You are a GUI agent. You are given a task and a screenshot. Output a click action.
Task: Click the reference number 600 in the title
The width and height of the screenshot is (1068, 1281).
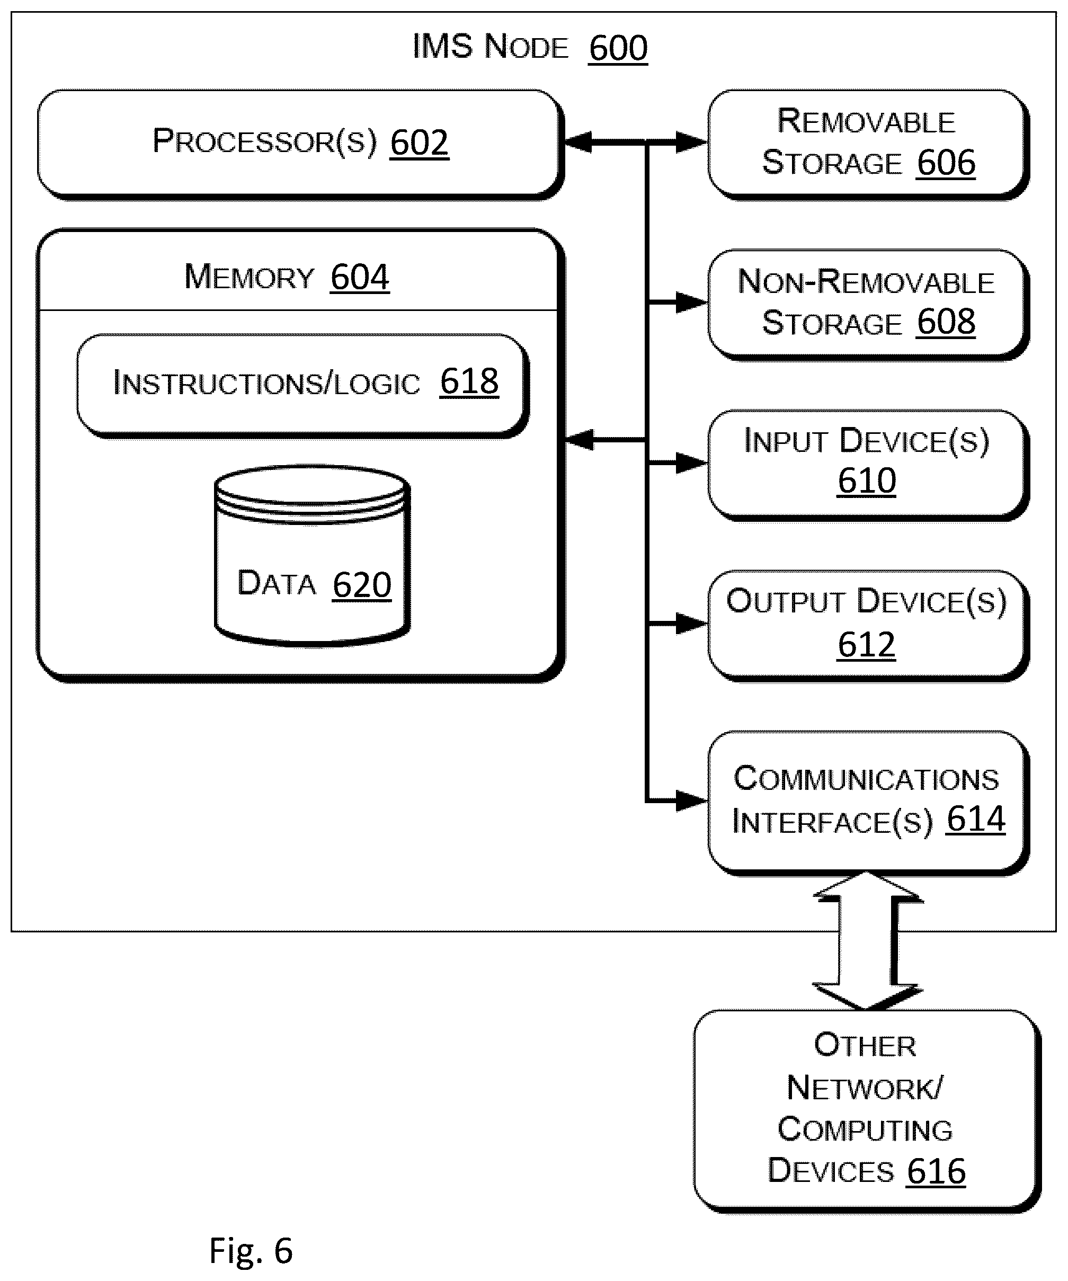618,48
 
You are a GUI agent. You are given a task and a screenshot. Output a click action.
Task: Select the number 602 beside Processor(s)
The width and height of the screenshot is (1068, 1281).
419,142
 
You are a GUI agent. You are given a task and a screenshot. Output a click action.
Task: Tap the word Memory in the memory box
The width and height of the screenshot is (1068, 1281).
249,277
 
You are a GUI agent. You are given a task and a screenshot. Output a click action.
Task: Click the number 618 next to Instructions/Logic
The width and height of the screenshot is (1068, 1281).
469,381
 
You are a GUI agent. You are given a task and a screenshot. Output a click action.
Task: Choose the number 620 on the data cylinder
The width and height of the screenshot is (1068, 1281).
362,585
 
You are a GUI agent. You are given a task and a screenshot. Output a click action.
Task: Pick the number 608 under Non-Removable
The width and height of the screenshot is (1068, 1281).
946,322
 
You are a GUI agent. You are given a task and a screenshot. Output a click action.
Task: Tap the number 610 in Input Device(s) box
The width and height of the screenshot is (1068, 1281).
867,481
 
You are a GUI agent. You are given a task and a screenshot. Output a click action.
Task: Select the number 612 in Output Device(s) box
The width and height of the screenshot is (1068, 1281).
867,644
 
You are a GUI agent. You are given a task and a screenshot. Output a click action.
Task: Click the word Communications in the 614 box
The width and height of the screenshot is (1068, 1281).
866,779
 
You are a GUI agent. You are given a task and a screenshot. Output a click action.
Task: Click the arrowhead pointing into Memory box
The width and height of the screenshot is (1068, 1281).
578,439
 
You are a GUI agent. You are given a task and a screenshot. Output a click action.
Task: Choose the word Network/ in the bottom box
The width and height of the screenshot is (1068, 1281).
865,1088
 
